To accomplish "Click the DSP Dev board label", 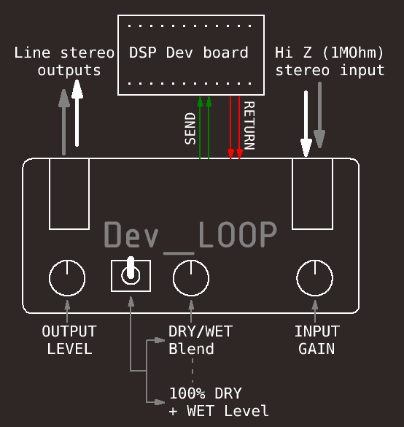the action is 189,53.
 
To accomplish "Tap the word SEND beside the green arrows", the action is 190,128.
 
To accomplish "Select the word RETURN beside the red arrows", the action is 249,126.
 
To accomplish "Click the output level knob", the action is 67,278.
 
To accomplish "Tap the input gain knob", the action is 315,278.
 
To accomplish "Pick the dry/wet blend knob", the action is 191,278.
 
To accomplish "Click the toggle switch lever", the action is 131,268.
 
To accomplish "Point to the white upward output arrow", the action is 77,113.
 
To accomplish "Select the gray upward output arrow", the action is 64,123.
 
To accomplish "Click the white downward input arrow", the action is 306,123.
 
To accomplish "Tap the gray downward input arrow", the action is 319,115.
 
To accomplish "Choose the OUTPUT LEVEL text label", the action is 69,340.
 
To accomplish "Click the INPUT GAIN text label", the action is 317,340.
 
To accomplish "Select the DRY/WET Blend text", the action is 201,340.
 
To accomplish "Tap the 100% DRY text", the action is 206,393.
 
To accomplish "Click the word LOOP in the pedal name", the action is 238,234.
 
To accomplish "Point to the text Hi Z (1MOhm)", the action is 329,53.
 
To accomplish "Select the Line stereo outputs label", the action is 64,61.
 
